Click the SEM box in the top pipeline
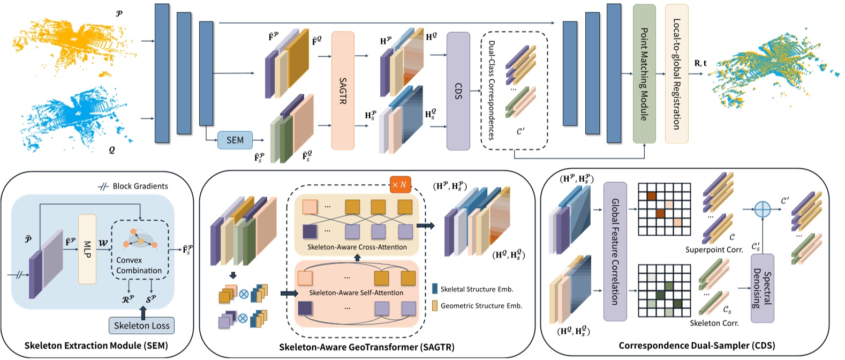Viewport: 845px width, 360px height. [235, 140]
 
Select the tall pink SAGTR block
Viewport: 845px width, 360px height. [343, 91]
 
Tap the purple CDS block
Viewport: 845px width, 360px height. [458, 91]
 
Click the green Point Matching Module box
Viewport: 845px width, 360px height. [644, 74]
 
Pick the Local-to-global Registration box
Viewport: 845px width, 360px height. [676, 74]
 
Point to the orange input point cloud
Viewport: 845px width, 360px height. [75, 43]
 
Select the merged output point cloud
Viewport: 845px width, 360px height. [771, 72]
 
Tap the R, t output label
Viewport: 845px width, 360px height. [700, 63]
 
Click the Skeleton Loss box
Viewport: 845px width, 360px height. [142, 325]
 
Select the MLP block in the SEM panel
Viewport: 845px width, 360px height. [87, 249]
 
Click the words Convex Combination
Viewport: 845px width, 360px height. [139, 265]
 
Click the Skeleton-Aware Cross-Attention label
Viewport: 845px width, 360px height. [357, 247]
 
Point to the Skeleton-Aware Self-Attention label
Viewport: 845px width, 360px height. [356, 292]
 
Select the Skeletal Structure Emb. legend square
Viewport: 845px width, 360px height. [435, 289]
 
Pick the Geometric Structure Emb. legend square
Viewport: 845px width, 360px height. [435, 305]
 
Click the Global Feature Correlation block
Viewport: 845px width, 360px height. [615, 251]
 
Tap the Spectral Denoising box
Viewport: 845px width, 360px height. [762, 288]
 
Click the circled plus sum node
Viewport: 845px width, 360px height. [762, 209]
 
